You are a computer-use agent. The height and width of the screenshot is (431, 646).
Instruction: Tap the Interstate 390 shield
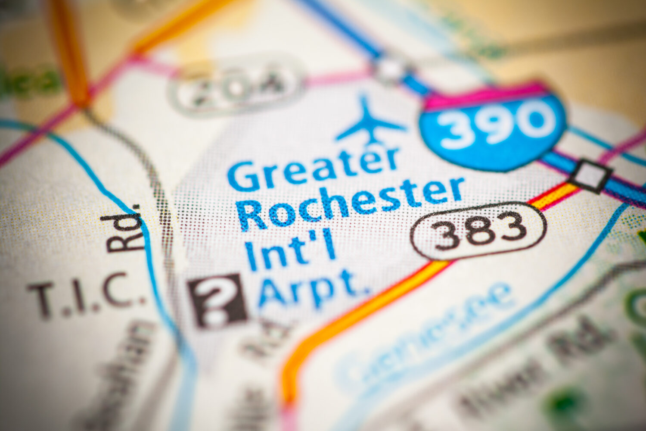coord(494,128)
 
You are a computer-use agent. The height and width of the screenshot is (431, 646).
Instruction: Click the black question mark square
coord(218,300)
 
